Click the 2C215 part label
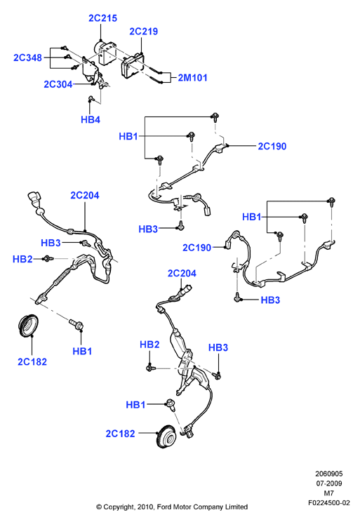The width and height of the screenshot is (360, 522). coord(102,18)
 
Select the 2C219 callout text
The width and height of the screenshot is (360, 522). coord(144,32)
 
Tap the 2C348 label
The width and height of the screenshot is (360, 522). coord(27,58)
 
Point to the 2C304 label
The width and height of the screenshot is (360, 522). coord(58,84)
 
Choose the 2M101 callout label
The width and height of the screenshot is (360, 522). coord(192,78)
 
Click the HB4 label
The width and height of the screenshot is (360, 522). coord(91,119)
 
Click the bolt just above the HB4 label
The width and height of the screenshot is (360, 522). coord(91,98)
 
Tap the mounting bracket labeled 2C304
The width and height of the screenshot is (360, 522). coord(93,72)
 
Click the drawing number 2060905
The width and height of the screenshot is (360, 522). coord(328,474)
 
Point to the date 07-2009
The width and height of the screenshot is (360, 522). coord(329,483)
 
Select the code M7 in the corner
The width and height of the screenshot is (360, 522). coord(328,493)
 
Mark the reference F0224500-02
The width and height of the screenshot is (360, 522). coord(328,502)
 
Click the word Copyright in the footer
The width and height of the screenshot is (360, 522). coord(119,507)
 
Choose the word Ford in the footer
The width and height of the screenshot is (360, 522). coord(164,507)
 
